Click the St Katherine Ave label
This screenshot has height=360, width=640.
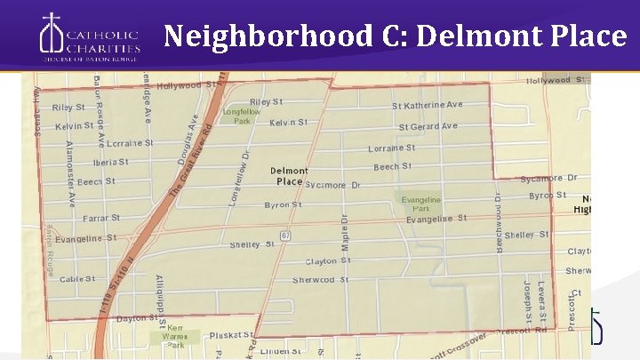coord(428,105)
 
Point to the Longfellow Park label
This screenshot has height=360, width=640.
coord(241,116)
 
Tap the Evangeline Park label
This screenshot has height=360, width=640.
coord(420,205)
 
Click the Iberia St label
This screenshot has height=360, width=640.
coord(110,162)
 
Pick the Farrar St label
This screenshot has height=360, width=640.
coord(101,217)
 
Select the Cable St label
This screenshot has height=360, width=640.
coord(77,279)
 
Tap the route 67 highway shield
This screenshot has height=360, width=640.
coord(284,235)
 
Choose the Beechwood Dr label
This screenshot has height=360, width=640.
coord(499,219)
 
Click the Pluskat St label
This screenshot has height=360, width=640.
coord(231,335)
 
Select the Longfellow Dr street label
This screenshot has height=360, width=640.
coord(238,179)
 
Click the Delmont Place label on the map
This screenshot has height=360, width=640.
coord(289,176)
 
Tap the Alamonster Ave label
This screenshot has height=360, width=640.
coord(72,173)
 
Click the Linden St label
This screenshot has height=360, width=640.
coord(281,352)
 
